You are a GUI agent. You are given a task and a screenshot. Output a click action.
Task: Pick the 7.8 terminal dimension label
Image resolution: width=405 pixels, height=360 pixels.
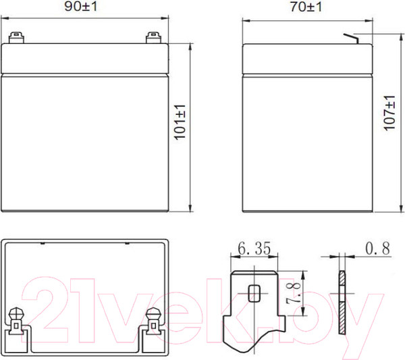pos(296,294)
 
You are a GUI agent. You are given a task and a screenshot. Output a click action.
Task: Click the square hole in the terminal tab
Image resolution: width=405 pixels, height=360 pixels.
pos(254,294)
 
